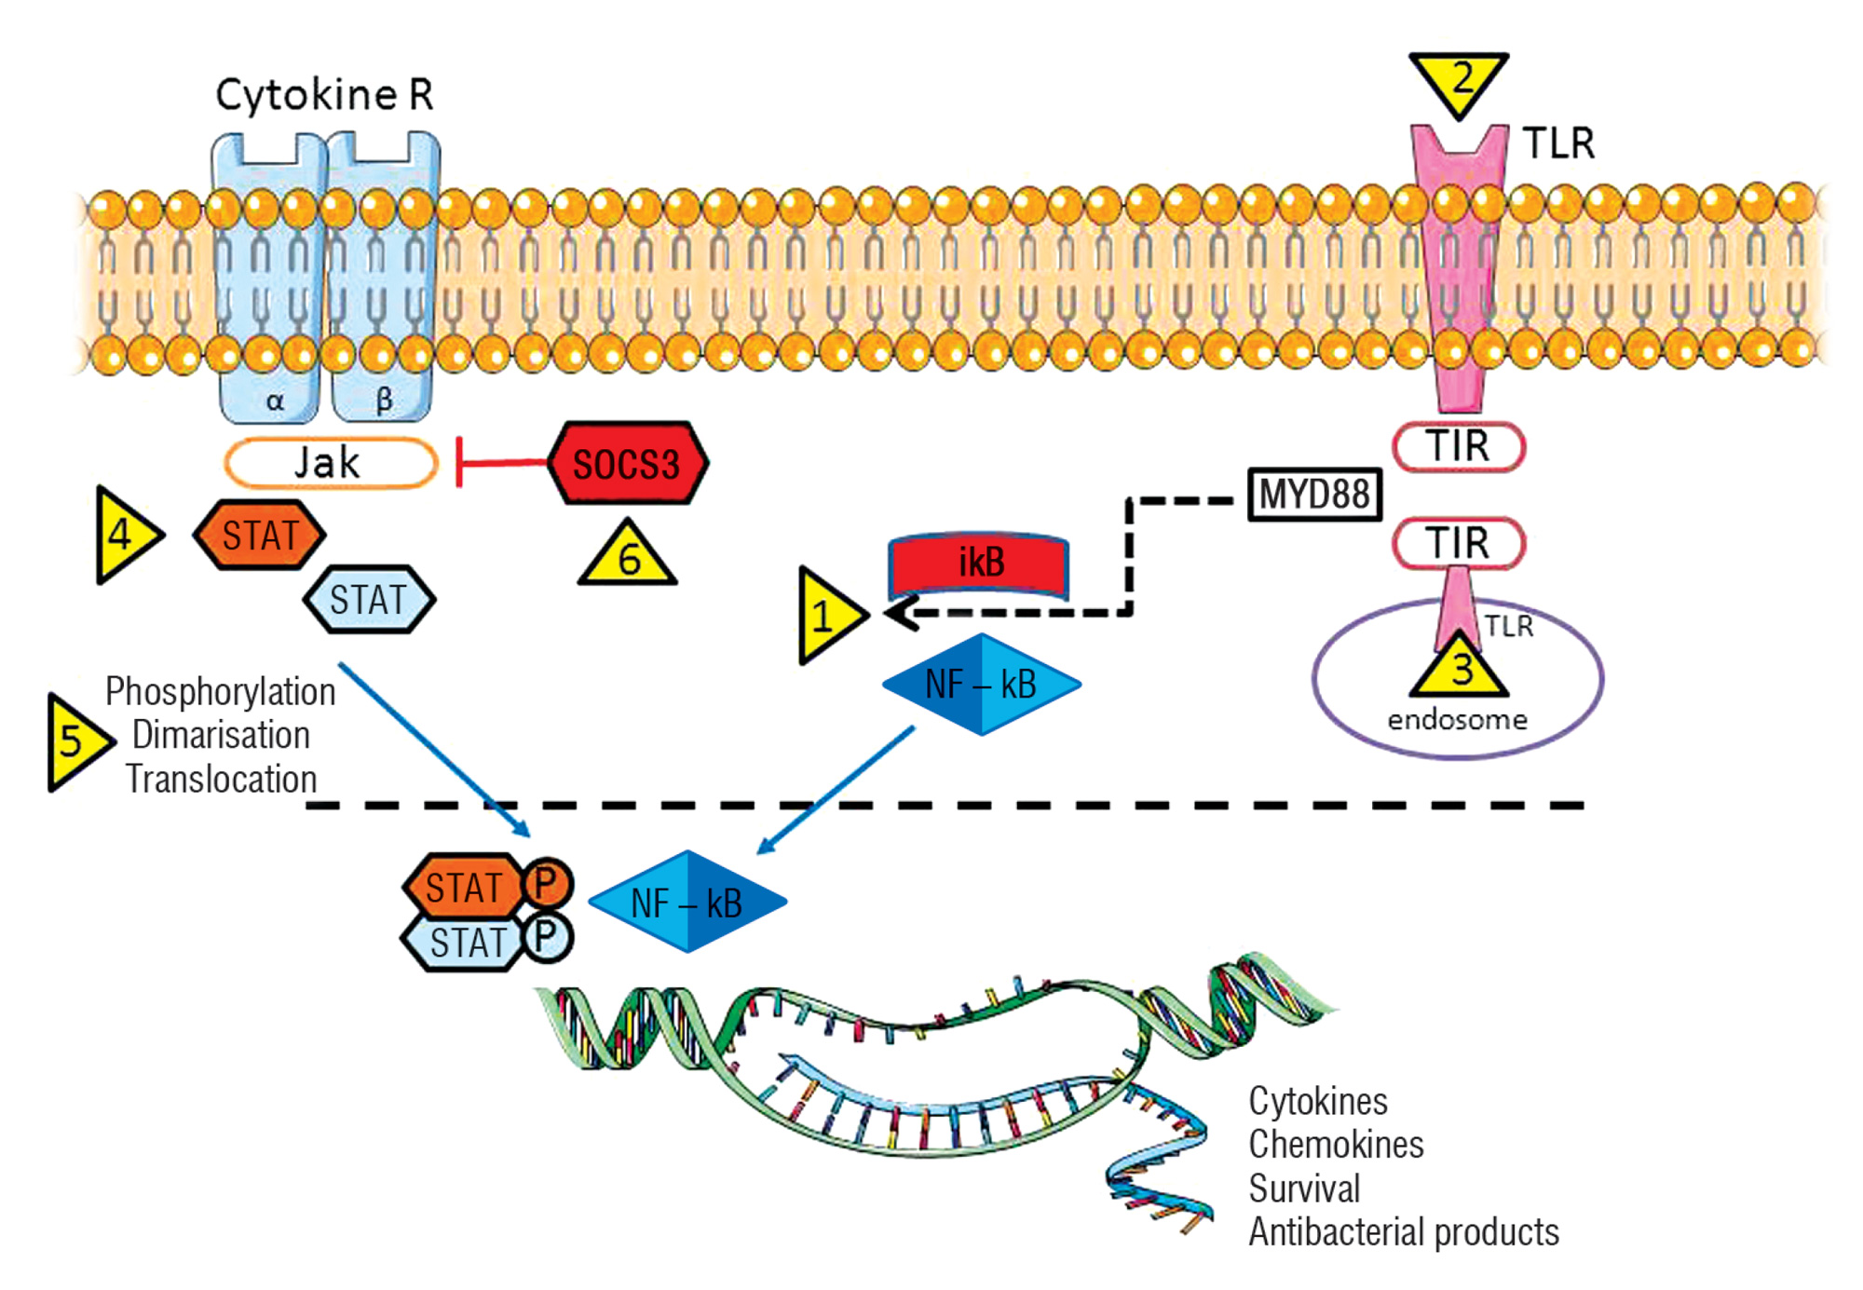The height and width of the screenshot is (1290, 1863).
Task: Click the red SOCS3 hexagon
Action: coord(627,464)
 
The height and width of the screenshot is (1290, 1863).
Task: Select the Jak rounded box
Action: coord(330,463)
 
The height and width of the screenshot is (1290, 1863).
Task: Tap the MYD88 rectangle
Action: coord(1314,494)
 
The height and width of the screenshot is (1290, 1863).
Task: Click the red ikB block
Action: coord(979,564)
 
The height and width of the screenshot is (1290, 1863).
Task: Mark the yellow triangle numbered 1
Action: coord(826,616)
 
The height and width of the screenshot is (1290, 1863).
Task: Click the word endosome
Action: coord(1457,720)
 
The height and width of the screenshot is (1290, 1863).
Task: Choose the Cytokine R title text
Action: coord(324,95)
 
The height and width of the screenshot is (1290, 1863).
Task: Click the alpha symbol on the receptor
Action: coord(275,401)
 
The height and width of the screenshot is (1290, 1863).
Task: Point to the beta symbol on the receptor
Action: coord(384,401)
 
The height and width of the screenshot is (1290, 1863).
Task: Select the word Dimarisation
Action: coord(221,735)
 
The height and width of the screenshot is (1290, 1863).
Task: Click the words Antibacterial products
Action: coord(1403,1232)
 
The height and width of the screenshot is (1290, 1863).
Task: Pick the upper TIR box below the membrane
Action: coord(1458,446)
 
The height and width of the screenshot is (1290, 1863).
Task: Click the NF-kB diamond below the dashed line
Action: coord(687,902)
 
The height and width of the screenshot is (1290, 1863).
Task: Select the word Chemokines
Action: coord(1336,1145)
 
